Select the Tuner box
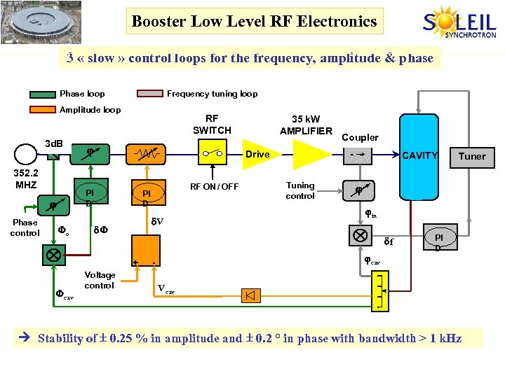coord(471,156)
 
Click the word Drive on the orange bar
coord(257,154)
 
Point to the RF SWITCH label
coord(212,125)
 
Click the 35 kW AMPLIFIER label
coord(306,125)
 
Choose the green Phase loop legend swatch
coord(43,94)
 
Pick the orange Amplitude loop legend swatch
coord(43,110)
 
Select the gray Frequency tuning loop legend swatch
coord(150,94)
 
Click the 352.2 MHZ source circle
coord(26,153)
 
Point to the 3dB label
coord(53,143)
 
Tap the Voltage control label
coord(99,280)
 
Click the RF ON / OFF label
coord(215,186)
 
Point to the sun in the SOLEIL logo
coord(447,19)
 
